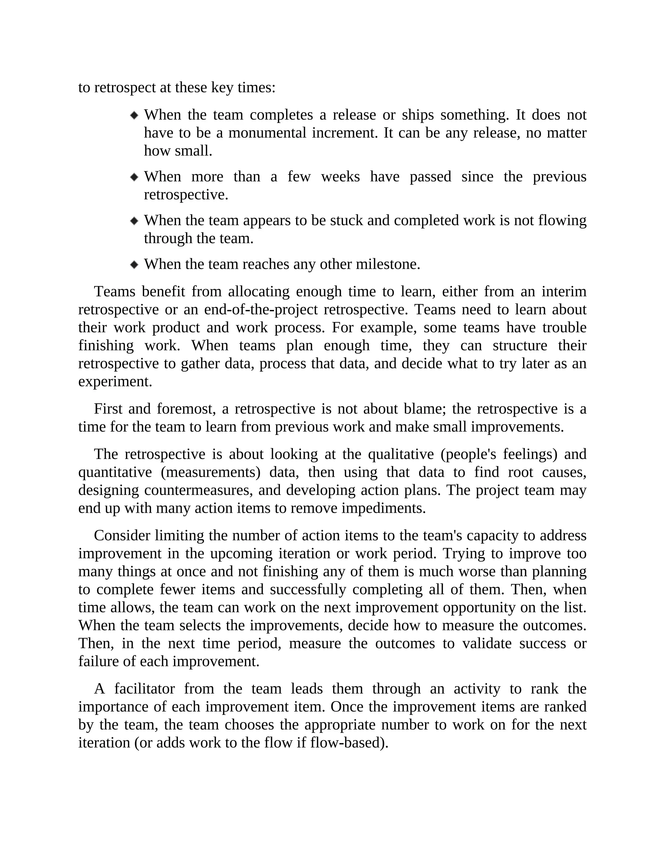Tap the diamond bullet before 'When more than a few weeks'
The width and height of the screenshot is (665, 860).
(x=134, y=177)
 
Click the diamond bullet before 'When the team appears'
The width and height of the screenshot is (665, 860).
(x=134, y=221)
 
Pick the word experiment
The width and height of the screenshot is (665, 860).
(x=115, y=381)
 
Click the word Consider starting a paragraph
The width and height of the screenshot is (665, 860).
(x=122, y=535)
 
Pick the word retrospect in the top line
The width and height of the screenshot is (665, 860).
(x=125, y=87)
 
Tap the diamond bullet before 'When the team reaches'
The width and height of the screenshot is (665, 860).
(x=134, y=264)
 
